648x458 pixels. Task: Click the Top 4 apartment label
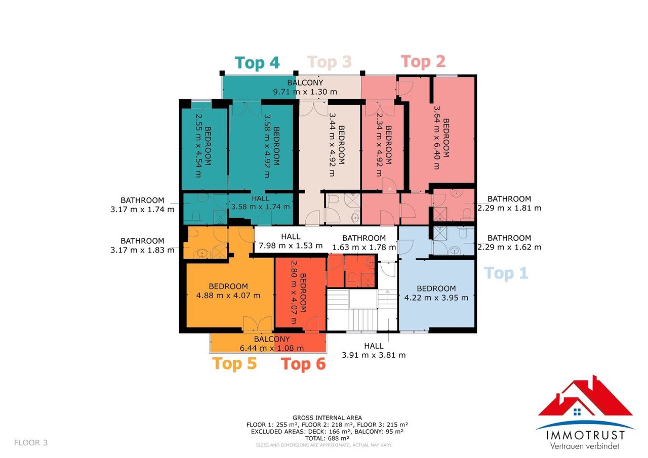(x=257, y=63)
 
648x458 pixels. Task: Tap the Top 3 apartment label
(x=330, y=62)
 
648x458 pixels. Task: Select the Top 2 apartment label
(x=423, y=62)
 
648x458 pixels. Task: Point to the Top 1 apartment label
(x=506, y=273)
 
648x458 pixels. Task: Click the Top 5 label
(x=234, y=363)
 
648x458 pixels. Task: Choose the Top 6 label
(x=303, y=364)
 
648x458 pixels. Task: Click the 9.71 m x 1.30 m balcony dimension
(x=305, y=92)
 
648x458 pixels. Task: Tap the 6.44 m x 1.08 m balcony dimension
(x=272, y=348)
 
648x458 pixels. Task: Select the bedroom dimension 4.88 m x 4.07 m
(x=228, y=296)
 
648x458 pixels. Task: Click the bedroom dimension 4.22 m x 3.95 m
(x=436, y=298)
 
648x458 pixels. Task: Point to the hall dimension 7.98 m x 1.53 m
(x=291, y=246)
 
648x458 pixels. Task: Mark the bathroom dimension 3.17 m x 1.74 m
(x=142, y=210)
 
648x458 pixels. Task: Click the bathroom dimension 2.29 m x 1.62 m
(x=509, y=247)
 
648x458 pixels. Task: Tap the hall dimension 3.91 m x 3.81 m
(x=374, y=355)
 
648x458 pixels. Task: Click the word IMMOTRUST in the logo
(x=585, y=435)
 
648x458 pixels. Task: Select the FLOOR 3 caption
(x=31, y=443)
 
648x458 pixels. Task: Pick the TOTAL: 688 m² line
(x=327, y=438)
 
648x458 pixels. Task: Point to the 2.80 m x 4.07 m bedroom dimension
(x=293, y=293)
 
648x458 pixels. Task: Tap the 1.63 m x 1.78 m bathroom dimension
(x=364, y=247)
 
